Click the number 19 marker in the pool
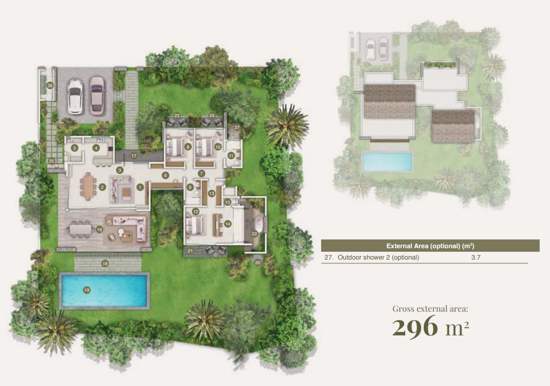[87, 290]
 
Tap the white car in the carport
[75, 96]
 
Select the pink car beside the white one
[97, 96]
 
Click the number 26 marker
[50, 86]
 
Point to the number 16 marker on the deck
[99, 230]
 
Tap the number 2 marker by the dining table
[102, 187]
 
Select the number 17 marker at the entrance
[134, 156]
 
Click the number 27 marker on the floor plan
[237, 127]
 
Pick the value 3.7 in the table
[476, 258]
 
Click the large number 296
[415, 326]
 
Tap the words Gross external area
[430, 309]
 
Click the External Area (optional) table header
[430, 246]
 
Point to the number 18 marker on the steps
[105, 264]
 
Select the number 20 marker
[258, 262]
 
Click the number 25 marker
[52, 161]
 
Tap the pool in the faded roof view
[387, 162]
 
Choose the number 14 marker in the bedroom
[228, 224]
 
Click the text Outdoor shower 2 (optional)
[378, 258]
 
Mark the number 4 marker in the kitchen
[96, 148]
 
